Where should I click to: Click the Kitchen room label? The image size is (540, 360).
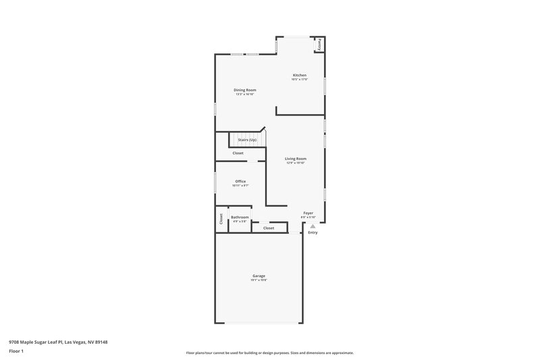point(299,75)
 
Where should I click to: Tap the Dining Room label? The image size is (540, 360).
point(245,90)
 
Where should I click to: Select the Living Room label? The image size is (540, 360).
point(296,159)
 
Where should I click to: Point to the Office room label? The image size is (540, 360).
point(240,181)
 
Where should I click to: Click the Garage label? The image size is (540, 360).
point(259,276)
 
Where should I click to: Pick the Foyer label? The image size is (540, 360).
point(308,213)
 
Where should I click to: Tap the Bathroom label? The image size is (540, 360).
point(240,217)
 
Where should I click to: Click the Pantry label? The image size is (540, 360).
point(320,44)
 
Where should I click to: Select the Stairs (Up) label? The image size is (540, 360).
point(247,140)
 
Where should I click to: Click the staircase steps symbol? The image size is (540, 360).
point(244,140)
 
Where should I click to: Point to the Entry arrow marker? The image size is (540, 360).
point(312,226)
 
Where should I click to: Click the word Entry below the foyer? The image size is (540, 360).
point(313,233)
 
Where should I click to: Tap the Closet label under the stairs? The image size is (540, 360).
point(238,153)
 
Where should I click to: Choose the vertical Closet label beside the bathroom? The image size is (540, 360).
point(221,219)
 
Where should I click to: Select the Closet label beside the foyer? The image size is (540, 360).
point(269,228)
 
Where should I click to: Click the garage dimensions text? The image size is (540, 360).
point(259,280)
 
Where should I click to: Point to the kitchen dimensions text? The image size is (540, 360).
point(299,80)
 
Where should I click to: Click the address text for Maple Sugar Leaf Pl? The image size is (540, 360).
point(58,342)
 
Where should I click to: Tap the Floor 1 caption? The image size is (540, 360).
point(16,352)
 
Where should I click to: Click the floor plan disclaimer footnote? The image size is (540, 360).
point(269,353)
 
